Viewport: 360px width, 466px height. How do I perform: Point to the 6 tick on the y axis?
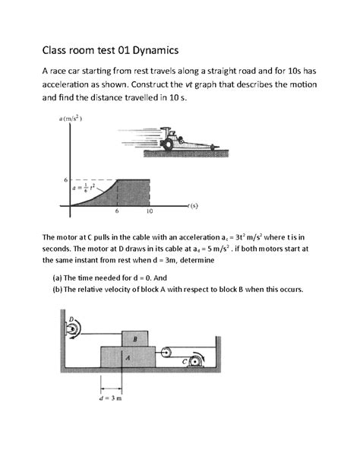coord(65,179)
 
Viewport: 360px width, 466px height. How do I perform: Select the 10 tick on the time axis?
coord(150,212)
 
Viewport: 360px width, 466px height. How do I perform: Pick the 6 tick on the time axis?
coord(117,212)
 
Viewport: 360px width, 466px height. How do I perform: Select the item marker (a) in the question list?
coord(57,277)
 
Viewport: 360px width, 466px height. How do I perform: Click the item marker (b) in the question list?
coord(57,290)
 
